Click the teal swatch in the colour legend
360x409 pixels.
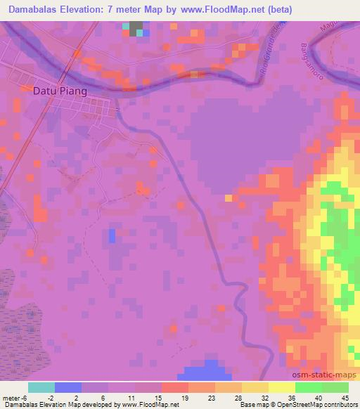[x=41, y=387]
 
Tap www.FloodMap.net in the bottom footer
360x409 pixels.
[x=148, y=405]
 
